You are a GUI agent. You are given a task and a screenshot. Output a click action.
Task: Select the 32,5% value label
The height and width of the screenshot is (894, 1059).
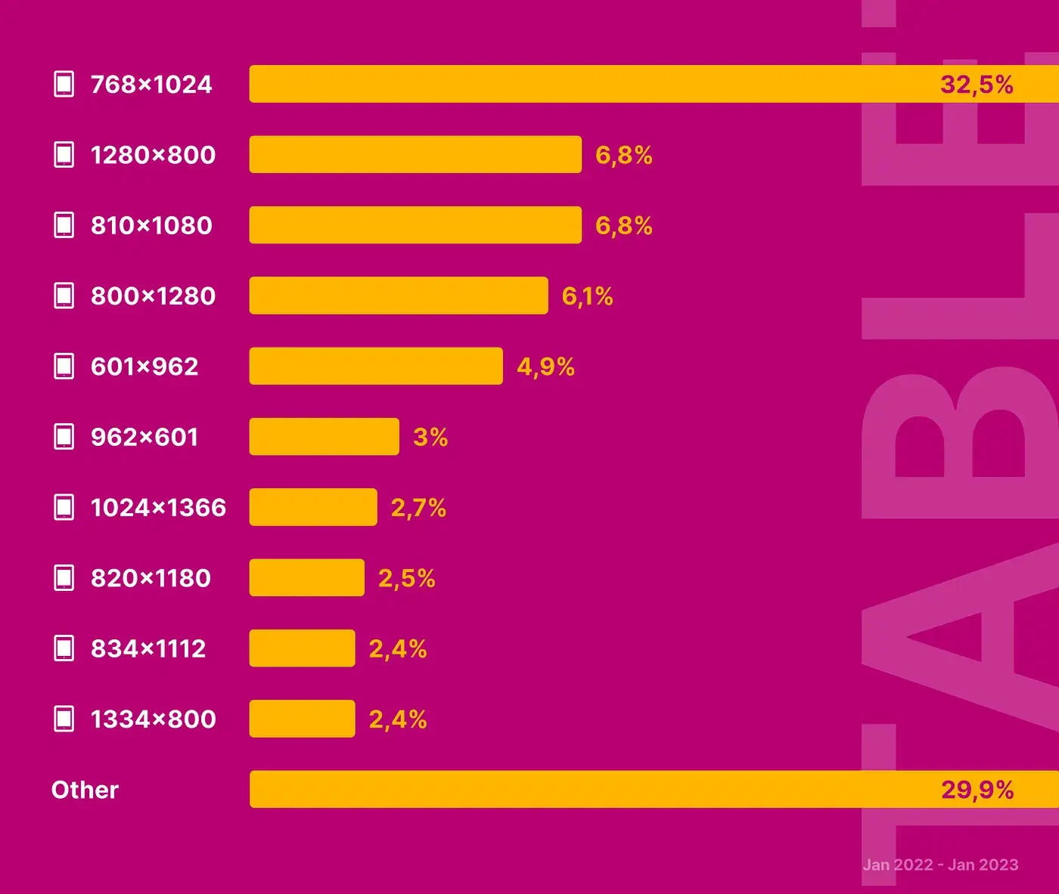(977, 84)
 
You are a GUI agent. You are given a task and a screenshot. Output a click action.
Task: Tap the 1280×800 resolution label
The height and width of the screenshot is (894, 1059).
(153, 155)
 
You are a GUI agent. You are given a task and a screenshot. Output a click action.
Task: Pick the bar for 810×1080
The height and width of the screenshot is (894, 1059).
(415, 225)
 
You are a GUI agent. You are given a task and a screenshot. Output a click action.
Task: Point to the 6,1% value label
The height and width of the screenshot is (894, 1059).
(587, 296)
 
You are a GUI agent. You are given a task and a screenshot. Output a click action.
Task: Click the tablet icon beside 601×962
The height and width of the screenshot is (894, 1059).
(64, 367)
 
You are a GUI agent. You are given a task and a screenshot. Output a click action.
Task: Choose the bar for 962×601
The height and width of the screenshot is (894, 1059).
(324, 437)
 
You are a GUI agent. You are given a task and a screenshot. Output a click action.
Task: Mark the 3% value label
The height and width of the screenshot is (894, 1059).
(430, 437)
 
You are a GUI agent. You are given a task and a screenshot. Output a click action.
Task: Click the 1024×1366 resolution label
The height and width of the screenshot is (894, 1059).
(158, 508)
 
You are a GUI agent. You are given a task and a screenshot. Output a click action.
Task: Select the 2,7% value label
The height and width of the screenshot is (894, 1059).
(418, 508)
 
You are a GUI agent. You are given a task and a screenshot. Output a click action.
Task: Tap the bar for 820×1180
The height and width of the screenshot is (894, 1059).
(306, 578)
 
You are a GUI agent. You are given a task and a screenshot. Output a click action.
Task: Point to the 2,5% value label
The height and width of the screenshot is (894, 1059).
(406, 578)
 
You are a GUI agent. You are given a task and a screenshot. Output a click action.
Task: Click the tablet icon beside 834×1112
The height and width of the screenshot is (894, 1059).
(64, 648)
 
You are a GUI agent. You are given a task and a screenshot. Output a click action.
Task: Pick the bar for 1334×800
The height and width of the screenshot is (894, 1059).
(302, 719)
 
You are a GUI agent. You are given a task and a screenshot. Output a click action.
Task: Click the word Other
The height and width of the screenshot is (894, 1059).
(85, 790)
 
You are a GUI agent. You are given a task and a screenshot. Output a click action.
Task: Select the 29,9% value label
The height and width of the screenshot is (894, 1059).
(977, 790)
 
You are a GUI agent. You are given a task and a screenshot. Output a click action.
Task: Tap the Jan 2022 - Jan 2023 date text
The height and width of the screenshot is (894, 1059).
(940, 865)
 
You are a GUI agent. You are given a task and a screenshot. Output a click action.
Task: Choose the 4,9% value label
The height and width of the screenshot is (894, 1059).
(545, 367)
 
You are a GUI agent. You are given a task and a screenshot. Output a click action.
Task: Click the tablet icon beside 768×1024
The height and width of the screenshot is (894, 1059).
(64, 84)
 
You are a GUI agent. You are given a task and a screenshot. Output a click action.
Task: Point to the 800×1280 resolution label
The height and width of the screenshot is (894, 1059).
(153, 296)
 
